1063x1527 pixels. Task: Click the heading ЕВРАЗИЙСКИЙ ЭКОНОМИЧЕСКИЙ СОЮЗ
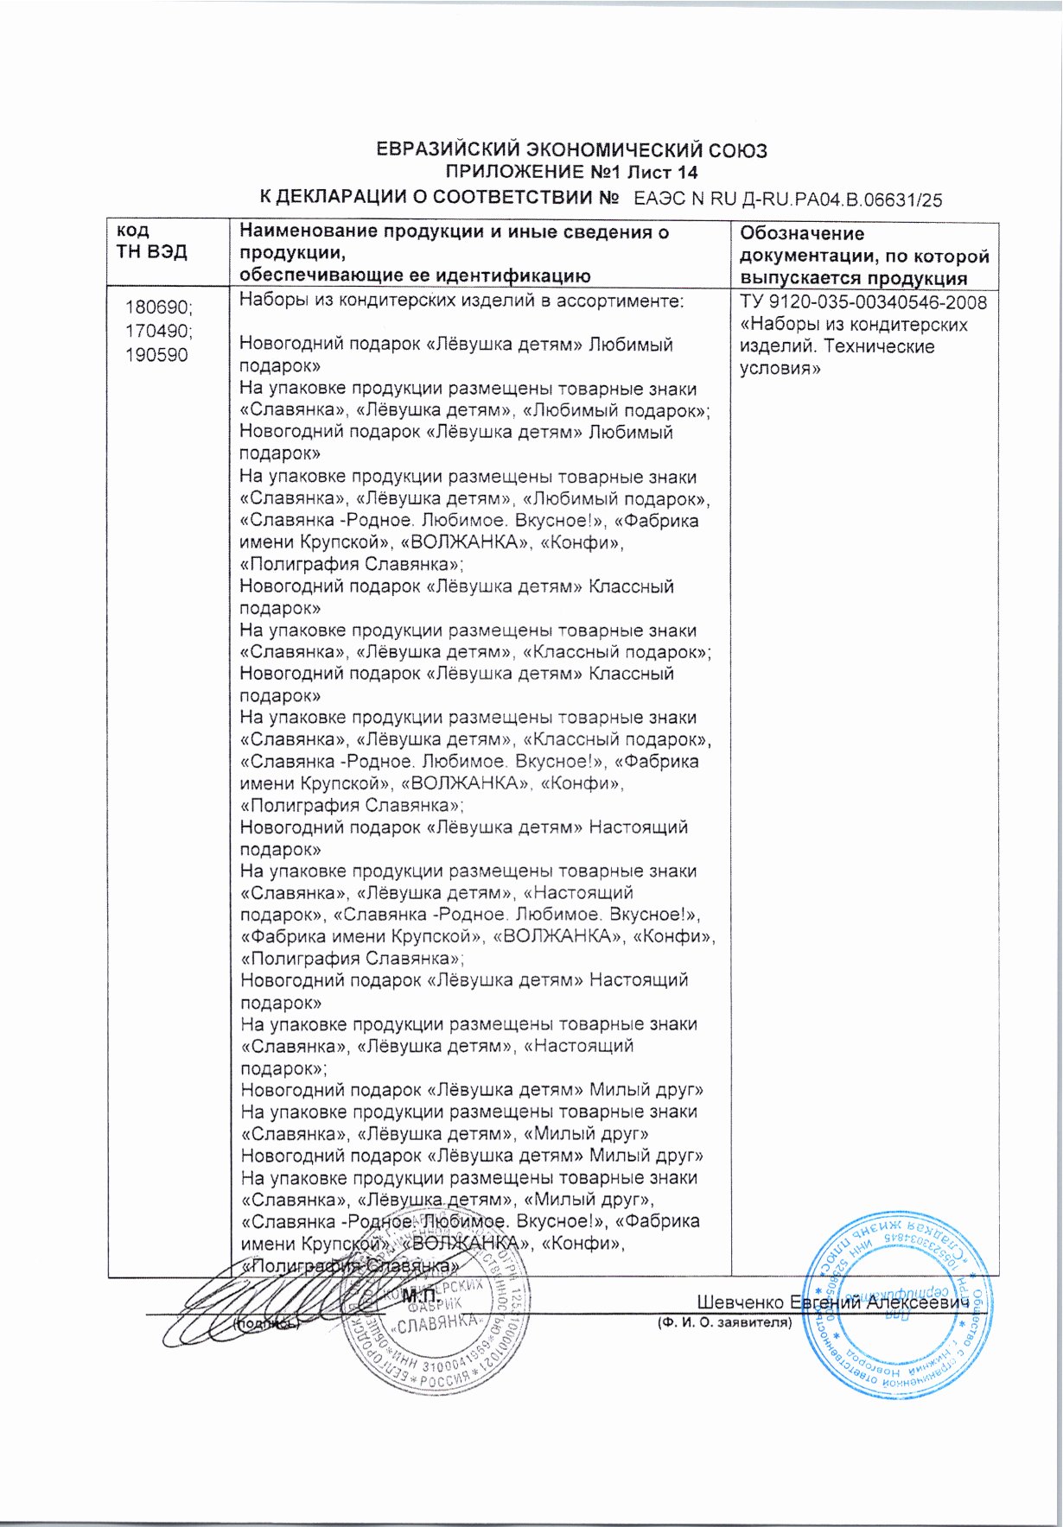(x=571, y=150)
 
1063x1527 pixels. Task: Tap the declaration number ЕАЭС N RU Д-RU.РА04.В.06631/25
(x=787, y=200)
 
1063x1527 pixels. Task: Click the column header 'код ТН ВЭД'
(x=151, y=242)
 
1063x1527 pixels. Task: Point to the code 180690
(x=159, y=307)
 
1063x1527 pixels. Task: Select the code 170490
(x=159, y=331)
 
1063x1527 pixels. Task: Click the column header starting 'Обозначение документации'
(x=863, y=255)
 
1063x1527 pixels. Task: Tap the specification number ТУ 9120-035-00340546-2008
(x=862, y=302)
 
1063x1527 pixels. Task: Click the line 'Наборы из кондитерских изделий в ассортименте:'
(x=461, y=301)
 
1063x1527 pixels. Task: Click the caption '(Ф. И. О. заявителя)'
(x=724, y=1322)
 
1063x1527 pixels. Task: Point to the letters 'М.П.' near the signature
(x=421, y=1296)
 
